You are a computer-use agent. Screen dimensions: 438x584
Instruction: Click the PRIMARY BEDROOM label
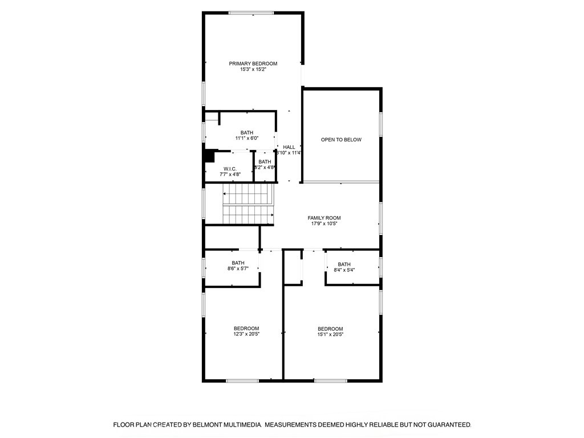[253, 63]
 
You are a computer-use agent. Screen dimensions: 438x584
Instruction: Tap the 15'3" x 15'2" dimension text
[253, 70]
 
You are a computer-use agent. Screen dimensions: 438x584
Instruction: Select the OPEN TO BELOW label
[341, 140]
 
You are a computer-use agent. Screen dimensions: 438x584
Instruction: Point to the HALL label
[289, 147]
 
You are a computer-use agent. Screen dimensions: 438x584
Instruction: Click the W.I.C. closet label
[230, 169]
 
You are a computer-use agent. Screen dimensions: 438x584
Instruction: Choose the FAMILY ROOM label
[324, 218]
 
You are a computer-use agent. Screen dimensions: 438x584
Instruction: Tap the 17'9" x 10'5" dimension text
[324, 224]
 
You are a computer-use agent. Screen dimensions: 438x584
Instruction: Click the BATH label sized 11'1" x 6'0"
[247, 132]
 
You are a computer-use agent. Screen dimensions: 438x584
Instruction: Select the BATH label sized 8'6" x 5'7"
[238, 263]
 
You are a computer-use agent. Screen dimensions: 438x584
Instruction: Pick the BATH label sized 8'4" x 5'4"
[344, 264]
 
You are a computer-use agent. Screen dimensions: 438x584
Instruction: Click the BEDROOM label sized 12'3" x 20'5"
[246, 328]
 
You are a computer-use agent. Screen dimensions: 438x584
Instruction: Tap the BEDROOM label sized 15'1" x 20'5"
[330, 328]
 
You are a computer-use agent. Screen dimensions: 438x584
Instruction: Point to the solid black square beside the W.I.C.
[209, 156]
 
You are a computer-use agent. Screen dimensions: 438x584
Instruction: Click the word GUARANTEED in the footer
[447, 425]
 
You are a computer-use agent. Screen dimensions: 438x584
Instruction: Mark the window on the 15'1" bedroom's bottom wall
[330, 380]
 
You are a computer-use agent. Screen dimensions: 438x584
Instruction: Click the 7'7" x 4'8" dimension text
[230, 175]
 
